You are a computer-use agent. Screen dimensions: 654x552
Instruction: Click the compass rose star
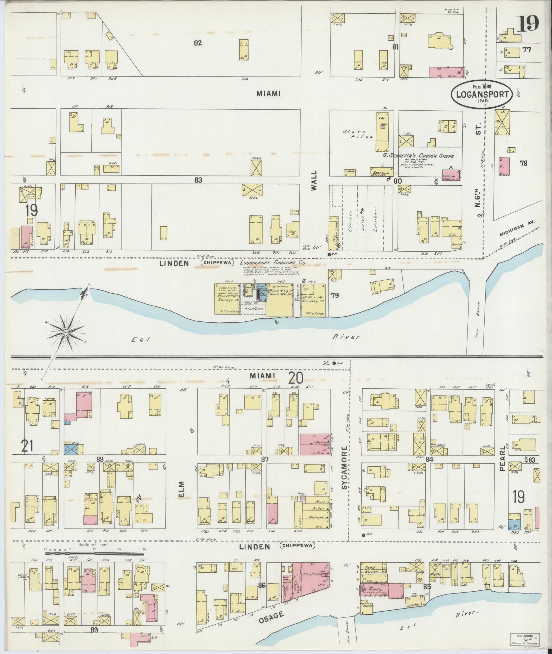(65, 332)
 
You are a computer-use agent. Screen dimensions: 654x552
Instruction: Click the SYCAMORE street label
(345, 467)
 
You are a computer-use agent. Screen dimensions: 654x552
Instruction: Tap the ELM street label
(181, 490)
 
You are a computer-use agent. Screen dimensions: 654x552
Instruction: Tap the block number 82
(198, 43)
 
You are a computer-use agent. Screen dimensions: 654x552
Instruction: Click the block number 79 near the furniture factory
(335, 295)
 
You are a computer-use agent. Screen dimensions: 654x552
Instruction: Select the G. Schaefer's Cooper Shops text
(420, 156)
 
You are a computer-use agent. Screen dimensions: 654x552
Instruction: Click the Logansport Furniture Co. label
(273, 263)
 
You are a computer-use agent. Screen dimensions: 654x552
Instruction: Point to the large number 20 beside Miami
(296, 378)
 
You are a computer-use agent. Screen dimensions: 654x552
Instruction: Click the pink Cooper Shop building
(450, 175)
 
